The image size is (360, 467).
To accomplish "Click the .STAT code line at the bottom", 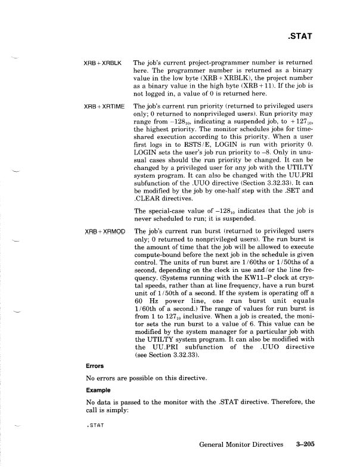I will pyautogui.click(x=95, y=424).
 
